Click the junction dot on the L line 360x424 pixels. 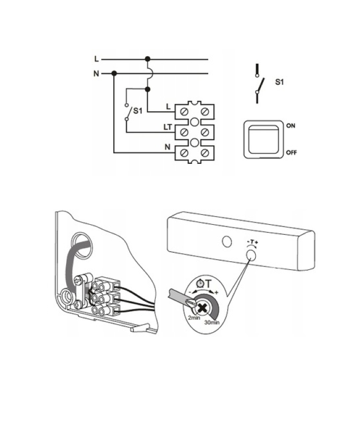[148, 59]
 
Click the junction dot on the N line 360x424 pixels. [114, 73]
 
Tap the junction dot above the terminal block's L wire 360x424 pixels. [148, 89]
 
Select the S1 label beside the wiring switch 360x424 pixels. [138, 111]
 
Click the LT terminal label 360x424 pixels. [168, 127]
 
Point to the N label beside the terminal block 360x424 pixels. [168, 147]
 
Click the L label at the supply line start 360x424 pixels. [96, 59]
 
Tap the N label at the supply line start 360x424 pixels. [96, 73]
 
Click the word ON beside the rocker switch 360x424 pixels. [291, 126]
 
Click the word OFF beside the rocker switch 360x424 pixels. [291, 153]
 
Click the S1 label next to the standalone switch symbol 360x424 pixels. [280, 82]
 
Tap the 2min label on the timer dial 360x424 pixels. [194, 317]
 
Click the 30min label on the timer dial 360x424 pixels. [212, 322]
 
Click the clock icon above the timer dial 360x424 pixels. [200, 283]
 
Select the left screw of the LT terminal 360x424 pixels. [184, 132]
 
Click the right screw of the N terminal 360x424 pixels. [205, 153]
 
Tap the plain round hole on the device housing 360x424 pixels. [227, 241]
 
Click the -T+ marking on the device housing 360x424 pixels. [252, 242]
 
